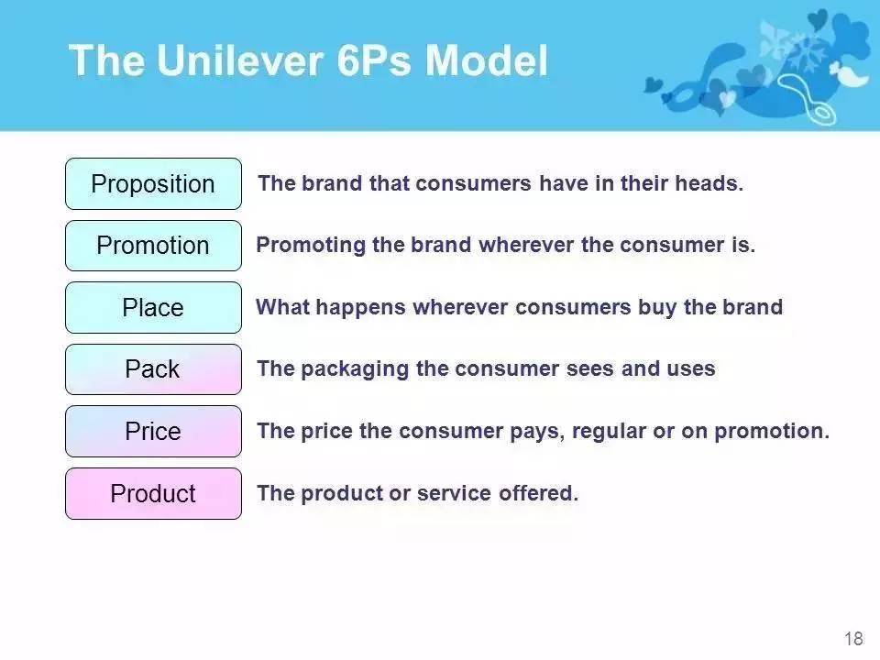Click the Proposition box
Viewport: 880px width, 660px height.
(x=153, y=184)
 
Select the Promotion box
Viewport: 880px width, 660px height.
(x=153, y=246)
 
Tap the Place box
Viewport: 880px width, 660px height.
(x=153, y=308)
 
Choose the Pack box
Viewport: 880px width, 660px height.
(x=153, y=369)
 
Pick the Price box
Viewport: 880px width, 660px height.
(x=153, y=432)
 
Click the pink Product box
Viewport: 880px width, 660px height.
(x=153, y=494)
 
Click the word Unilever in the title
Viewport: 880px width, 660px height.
(x=239, y=60)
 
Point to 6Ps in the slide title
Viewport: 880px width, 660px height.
(x=374, y=60)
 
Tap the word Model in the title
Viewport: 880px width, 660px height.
(x=486, y=60)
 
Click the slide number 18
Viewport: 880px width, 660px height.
(x=853, y=638)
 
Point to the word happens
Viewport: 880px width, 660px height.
(x=360, y=308)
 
